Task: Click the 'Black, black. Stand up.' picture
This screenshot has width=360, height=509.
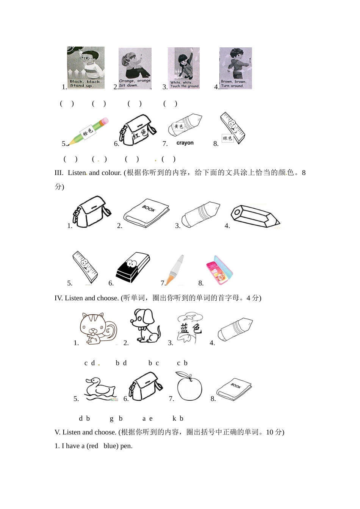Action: pos(86,68)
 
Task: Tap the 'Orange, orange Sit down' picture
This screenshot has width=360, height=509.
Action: pos(135,69)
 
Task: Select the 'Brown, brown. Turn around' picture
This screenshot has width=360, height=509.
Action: pos(236,68)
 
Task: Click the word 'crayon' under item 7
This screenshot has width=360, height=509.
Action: pos(185,143)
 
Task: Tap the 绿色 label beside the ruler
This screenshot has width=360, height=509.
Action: pos(227,138)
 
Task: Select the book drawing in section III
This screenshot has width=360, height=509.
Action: pos(146,213)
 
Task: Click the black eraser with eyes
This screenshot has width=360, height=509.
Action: pos(133,267)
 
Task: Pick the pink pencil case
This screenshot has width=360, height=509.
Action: pos(219,270)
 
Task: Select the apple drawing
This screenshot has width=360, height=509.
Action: pos(189,386)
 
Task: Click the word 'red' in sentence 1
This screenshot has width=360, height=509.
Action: pos(93,446)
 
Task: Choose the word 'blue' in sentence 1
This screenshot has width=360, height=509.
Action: pos(110,446)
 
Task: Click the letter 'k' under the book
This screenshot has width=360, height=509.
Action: pos(174,418)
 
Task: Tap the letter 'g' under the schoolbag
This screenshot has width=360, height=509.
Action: pos(112,418)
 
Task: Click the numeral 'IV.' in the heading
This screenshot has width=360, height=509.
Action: pos(59,298)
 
